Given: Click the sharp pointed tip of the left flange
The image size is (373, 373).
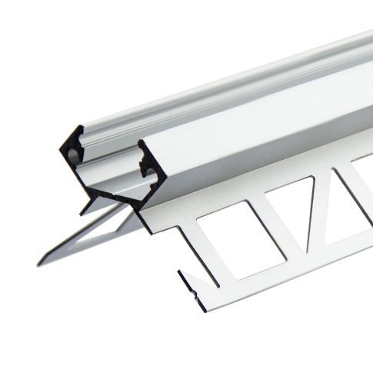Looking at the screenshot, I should pos(38,265).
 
